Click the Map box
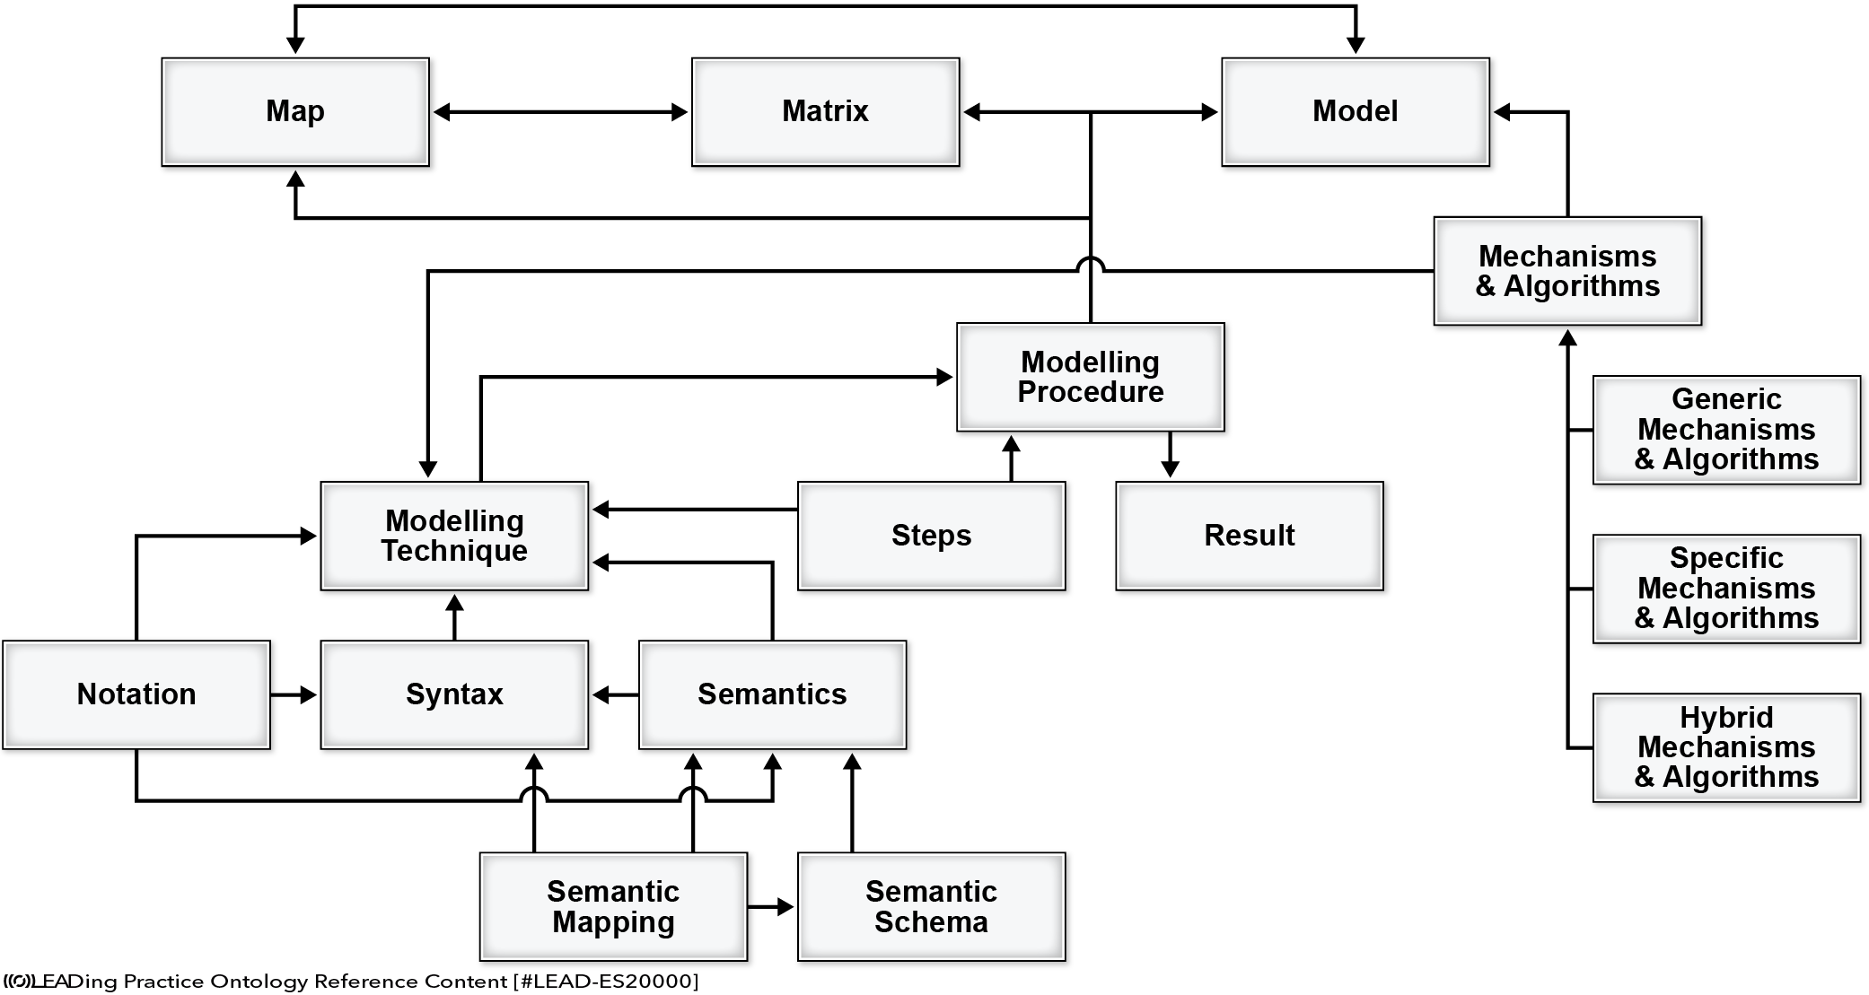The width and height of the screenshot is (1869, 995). [295, 112]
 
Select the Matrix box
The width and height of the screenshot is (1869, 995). [826, 112]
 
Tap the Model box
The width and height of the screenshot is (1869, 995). [1356, 112]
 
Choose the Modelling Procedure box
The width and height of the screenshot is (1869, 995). [1091, 377]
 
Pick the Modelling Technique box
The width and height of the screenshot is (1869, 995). [454, 536]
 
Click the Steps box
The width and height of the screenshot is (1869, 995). [932, 536]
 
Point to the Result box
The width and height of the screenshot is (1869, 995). [1250, 536]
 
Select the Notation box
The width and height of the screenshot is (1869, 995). [136, 694]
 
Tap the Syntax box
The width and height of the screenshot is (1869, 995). [454, 694]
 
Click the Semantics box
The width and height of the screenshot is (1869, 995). [773, 694]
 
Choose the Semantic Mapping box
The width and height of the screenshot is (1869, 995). [614, 907]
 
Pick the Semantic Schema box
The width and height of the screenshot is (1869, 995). [932, 907]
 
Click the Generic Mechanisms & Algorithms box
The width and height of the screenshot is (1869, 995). [1727, 430]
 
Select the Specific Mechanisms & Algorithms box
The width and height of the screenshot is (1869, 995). [1727, 589]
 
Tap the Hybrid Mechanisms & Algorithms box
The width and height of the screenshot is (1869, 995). [1727, 747]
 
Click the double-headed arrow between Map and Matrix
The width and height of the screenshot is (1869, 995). [561, 112]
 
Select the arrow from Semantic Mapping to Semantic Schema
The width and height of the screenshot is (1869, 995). [771, 907]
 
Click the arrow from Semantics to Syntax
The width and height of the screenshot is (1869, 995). [615, 694]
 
